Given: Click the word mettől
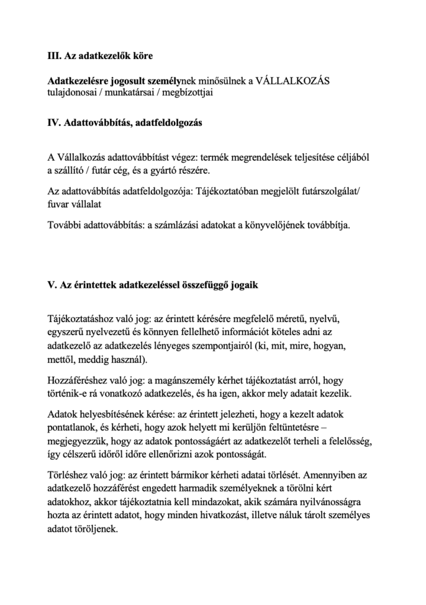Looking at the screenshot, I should [x=60, y=360].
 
